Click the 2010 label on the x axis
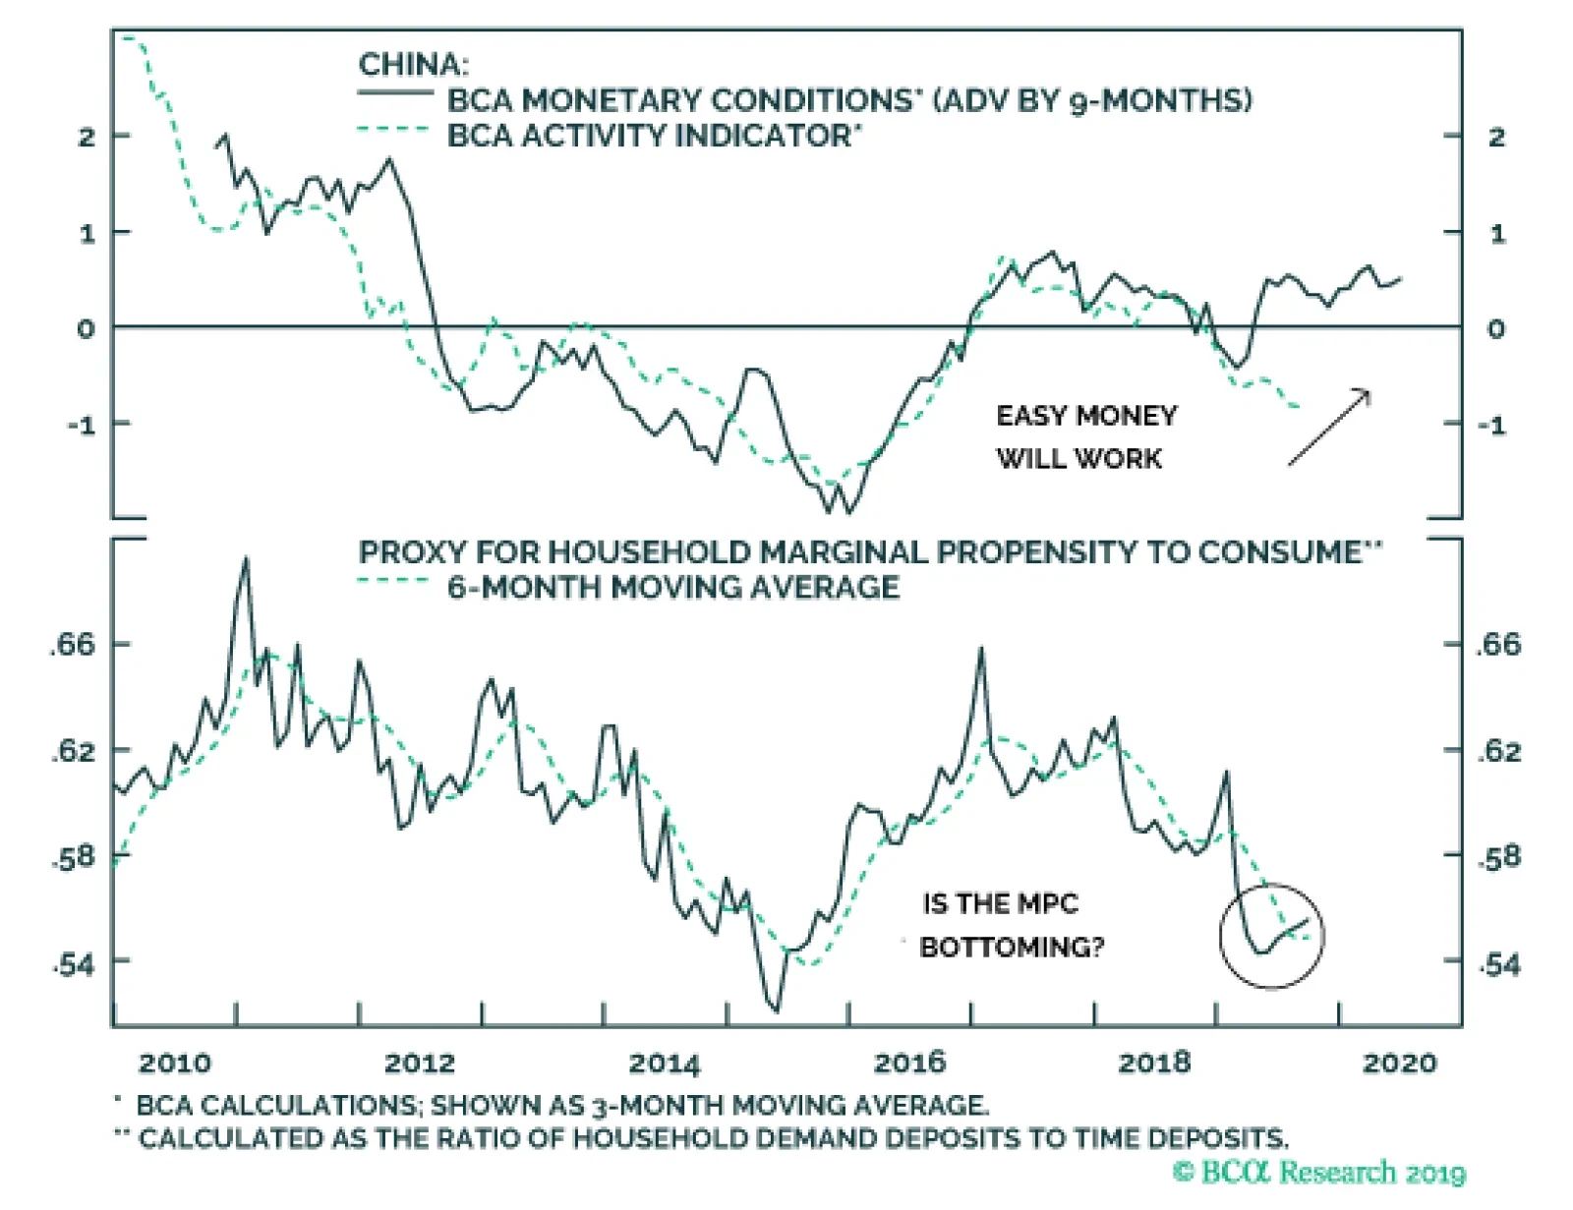174,1063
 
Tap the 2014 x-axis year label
665,1063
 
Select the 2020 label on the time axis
1399,1063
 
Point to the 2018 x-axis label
1154,1063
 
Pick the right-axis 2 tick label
1496,137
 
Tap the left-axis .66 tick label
74,645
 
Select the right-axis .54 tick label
1499,964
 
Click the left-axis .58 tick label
74,857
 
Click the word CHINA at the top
413,65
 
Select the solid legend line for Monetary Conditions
395,94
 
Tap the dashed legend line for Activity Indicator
395,130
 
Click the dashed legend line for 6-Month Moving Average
395,580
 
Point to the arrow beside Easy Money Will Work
1329,427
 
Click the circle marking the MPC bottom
1272,935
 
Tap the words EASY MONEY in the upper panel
1086,416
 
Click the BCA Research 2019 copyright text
1319,1172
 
